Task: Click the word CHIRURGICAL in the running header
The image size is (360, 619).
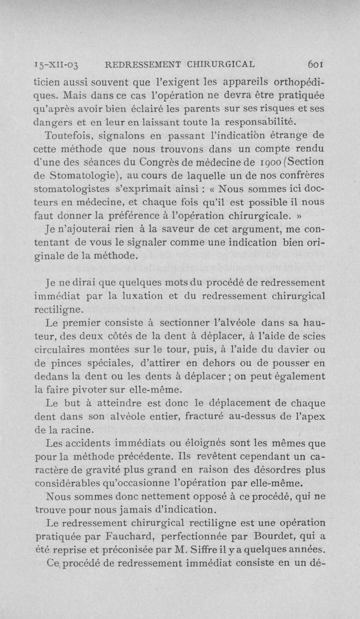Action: point(218,64)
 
